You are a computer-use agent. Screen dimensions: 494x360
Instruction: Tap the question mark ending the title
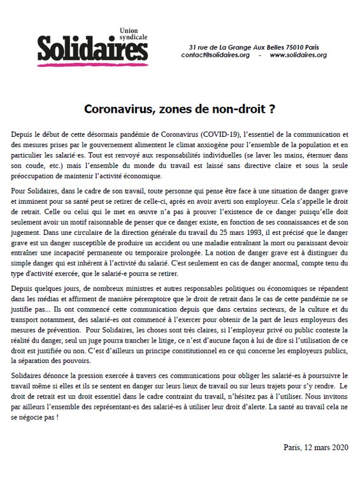(x=272, y=108)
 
